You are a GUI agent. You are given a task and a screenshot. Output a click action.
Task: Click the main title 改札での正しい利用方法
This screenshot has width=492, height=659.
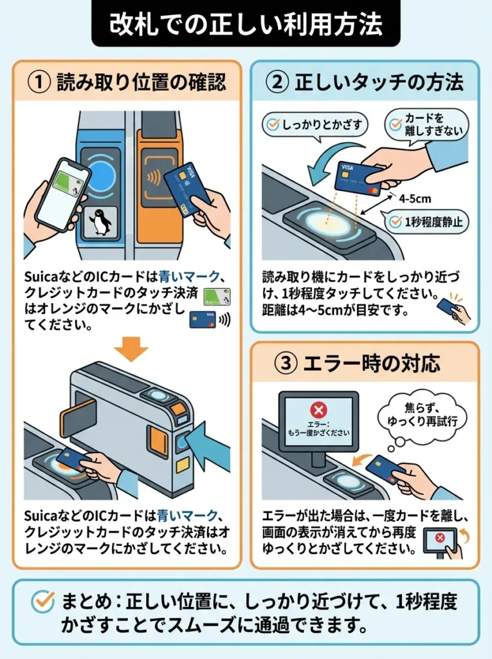(x=246, y=24)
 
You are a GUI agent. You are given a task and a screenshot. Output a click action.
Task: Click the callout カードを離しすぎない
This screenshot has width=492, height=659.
(x=427, y=125)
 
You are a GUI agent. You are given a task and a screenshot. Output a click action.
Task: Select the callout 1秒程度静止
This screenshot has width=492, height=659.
(x=428, y=222)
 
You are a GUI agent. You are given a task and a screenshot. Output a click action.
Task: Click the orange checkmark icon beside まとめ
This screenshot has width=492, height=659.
(x=43, y=602)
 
